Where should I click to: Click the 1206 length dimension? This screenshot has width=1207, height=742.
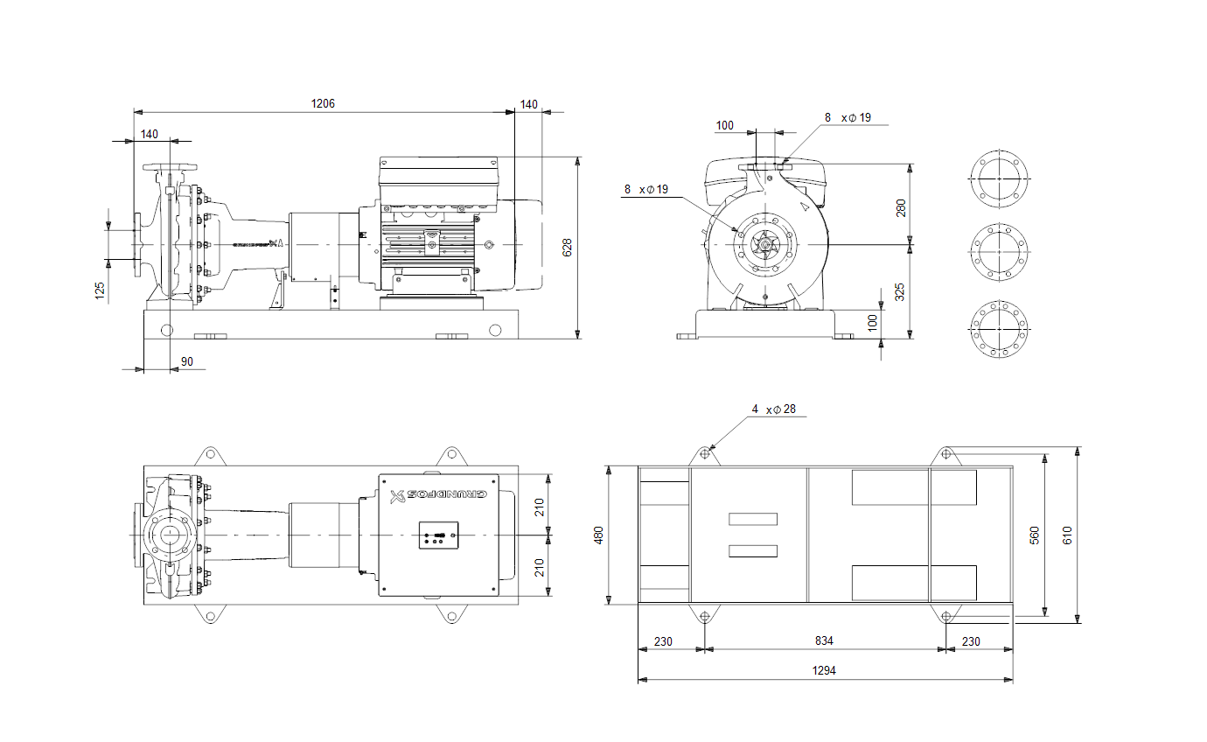coord(323,103)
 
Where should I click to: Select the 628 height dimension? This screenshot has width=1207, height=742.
coord(567,248)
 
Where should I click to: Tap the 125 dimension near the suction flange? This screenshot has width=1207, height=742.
coord(100,290)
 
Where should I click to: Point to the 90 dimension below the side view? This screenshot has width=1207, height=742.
coord(187,361)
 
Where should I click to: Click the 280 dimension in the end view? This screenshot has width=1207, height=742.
coord(901,208)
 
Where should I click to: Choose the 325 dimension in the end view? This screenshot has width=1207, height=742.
coord(899,292)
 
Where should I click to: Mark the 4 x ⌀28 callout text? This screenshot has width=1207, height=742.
coord(774,409)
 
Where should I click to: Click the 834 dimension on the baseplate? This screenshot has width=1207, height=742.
coord(824,640)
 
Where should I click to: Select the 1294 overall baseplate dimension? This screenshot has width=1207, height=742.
coord(824,670)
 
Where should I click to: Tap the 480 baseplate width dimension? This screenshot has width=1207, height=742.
coord(598,535)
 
